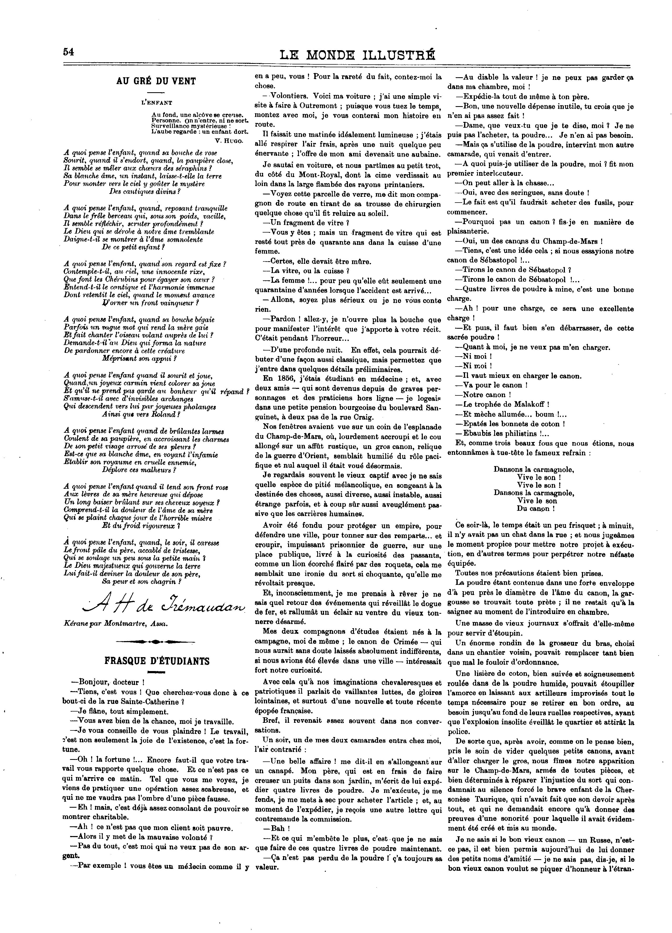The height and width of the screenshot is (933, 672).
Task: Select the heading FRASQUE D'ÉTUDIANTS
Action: (x=157, y=661)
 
